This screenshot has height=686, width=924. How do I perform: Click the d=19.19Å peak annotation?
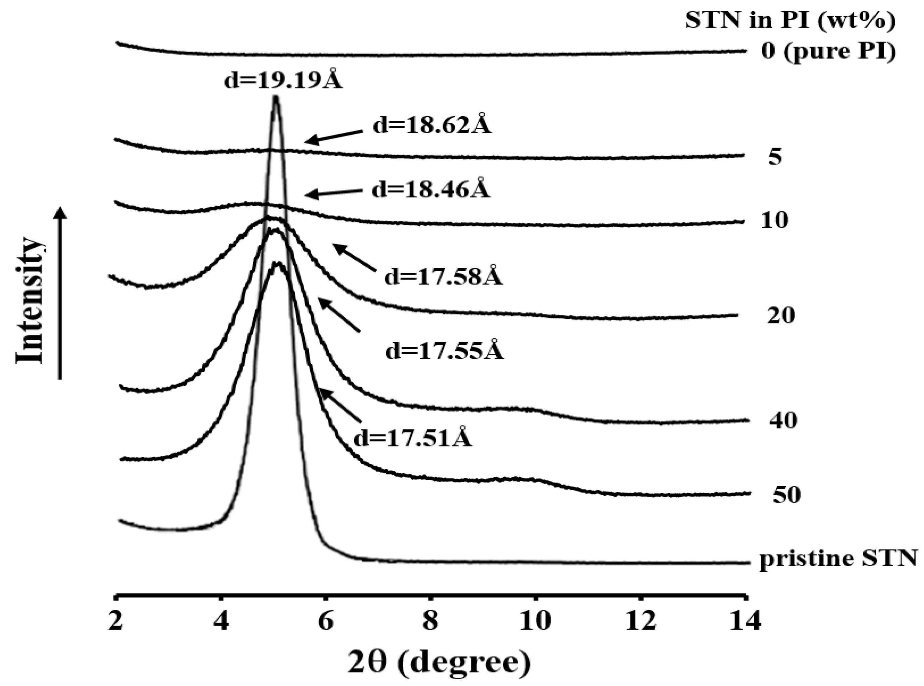283,81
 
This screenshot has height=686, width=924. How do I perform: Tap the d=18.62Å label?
432,124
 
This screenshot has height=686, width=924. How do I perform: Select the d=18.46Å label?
431,189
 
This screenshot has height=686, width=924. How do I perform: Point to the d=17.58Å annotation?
443,276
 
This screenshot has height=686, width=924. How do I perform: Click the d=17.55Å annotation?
444,351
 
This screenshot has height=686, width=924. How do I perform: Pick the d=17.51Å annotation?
413,438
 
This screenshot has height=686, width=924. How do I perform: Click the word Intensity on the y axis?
30,300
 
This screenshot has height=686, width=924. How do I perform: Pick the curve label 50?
786,495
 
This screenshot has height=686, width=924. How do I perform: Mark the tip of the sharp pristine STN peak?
276,98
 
